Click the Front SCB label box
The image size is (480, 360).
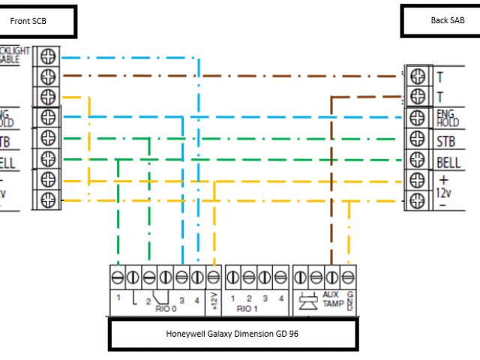(x=39, y=22)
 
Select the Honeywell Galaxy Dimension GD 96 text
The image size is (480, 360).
(x=232, y=334)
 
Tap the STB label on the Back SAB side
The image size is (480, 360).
(x=445, y=140)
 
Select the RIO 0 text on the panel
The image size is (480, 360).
(x=160, y=307)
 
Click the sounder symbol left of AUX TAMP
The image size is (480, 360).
(x=305, y=301)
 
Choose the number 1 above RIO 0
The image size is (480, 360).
(x=118, y=298)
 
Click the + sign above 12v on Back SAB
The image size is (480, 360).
(x=443, y=181)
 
